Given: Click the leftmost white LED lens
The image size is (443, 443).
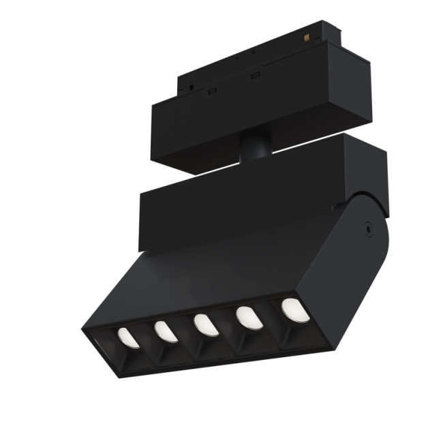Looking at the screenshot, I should point(127,337).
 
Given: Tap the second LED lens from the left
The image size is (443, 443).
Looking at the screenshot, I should point(166,331).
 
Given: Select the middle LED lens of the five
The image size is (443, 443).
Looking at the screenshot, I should point(205,324).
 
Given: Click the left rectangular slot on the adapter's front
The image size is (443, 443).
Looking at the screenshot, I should point(213,90).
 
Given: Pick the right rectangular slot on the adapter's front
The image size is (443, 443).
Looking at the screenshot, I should point(255,74).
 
